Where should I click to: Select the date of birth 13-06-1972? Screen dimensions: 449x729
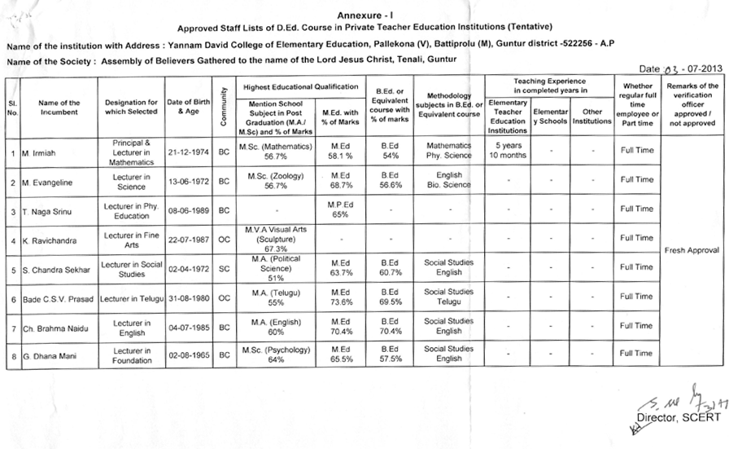(x=188, y=180)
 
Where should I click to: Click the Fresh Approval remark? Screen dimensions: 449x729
(x=692, y=250)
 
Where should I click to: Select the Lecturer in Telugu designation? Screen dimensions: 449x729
(x=131, y=298)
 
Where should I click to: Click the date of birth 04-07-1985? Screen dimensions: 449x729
(x=188, y=327)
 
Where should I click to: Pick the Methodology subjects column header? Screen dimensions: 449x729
(x=449, y=108)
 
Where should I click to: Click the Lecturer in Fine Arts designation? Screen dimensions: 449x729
(x=131, y=238)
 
